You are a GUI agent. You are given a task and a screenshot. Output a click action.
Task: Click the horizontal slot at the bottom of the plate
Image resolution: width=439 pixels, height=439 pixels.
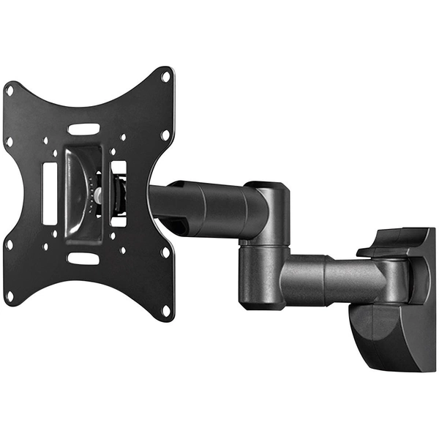click(x=83, y=258)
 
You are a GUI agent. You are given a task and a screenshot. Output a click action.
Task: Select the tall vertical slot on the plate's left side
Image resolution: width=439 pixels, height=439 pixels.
click(x=50, y=193)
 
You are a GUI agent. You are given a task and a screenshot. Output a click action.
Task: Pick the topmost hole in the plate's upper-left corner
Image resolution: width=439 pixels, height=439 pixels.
click(x=10, y=91)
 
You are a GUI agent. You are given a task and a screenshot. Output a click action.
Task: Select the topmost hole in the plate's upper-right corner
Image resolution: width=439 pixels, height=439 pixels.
click(x=165, y=75)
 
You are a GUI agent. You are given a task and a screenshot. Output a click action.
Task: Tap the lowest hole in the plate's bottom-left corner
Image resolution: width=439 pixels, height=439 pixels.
click(x=10, y=296)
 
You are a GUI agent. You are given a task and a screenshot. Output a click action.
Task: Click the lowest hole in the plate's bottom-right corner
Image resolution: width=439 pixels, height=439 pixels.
click(x=165, y=310)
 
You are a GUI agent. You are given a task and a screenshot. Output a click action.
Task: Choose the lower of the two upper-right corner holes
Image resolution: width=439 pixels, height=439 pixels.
click(x=165, y=135)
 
